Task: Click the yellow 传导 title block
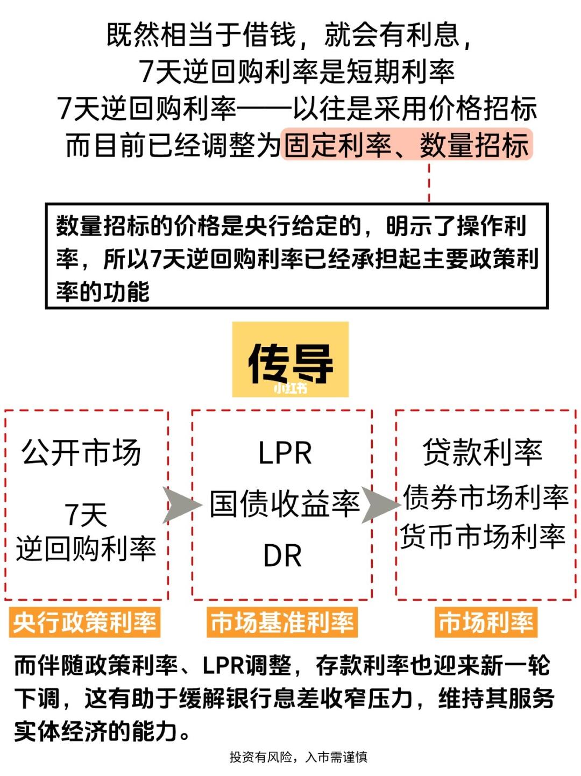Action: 290,359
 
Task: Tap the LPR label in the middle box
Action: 285,453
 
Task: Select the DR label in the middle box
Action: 282,556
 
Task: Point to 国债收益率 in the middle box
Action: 285,503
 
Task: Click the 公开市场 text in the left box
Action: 81,452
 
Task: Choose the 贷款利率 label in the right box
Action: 483,452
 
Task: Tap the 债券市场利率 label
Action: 486,497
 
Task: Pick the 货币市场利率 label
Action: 483,536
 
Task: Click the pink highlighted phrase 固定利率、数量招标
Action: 407,145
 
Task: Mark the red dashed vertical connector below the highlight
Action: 429,182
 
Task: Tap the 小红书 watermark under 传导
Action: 290,388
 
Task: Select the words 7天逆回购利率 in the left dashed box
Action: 86,532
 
